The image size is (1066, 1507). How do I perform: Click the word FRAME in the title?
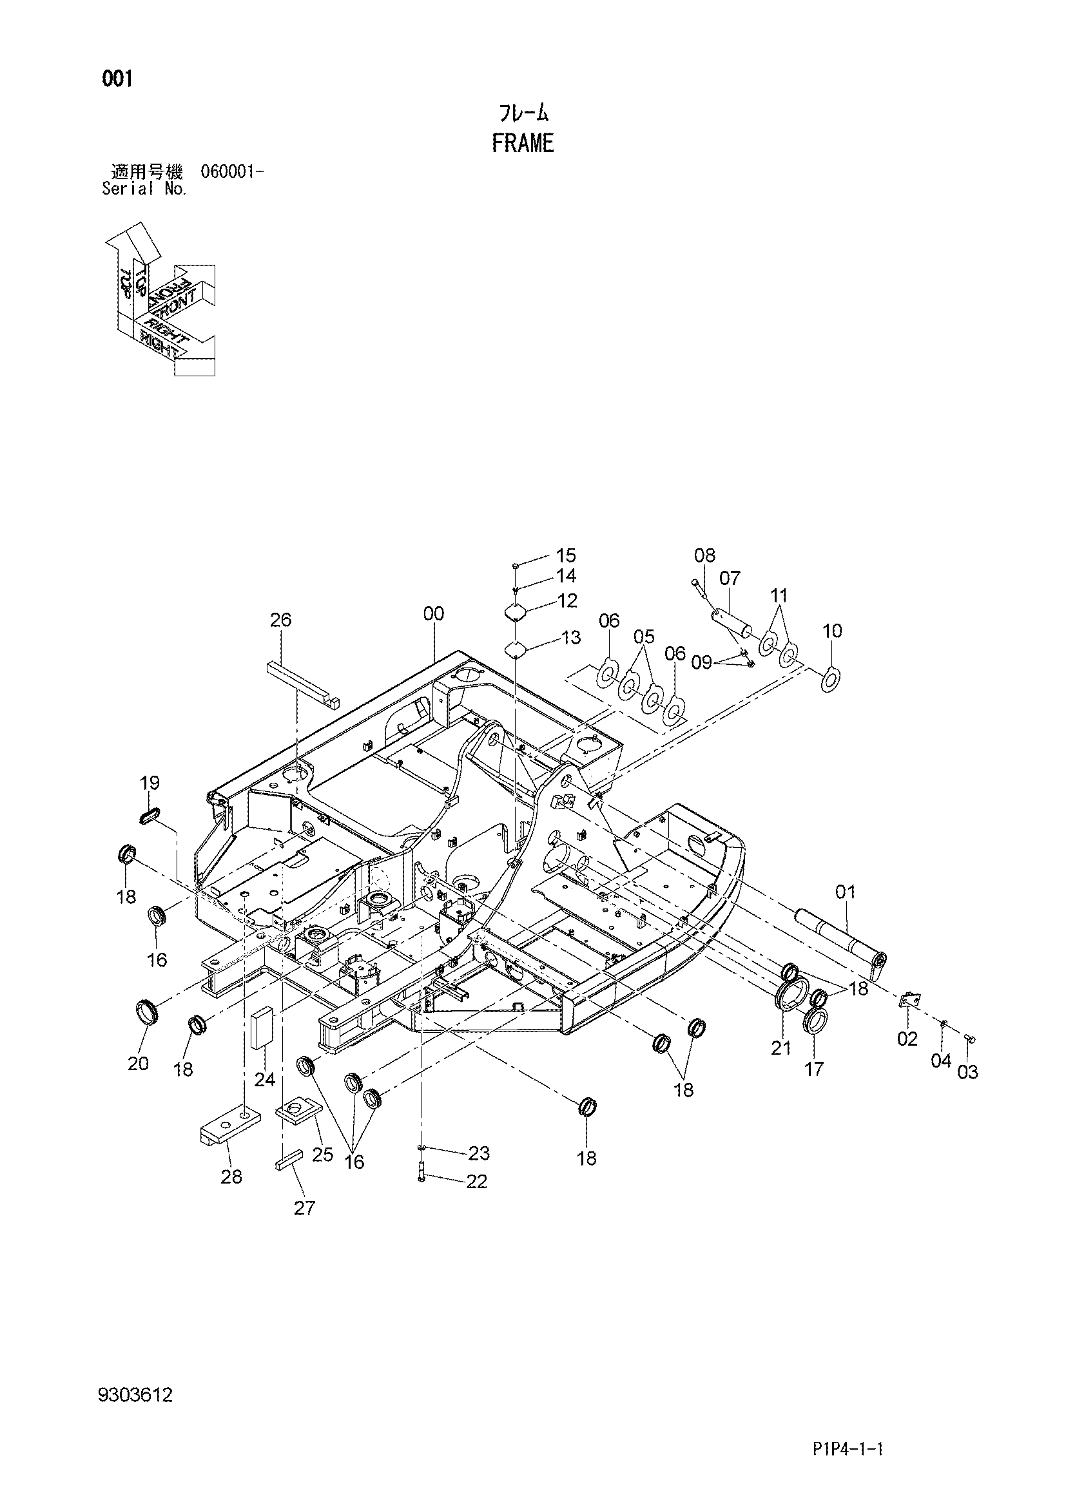(523, 143)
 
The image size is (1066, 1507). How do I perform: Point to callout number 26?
(281, 620)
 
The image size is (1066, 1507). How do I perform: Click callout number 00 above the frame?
(433, 614)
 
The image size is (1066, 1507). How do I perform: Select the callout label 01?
(846, 892)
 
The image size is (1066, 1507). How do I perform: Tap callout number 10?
(831, 631)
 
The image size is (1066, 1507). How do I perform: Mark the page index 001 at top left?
(117, 79)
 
